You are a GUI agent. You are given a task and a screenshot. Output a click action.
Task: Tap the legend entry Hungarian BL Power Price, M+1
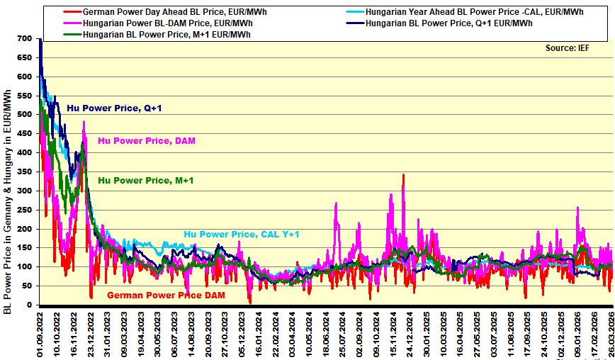167,34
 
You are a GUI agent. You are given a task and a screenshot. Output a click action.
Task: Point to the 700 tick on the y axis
24,38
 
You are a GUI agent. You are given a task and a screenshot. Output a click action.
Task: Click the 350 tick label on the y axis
24,171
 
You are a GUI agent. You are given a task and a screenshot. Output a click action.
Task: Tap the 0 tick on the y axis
29,305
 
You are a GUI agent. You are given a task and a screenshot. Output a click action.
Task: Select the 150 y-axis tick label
24,248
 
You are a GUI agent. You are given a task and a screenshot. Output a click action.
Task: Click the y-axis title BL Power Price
8,202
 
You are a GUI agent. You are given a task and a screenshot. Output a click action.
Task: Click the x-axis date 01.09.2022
40,334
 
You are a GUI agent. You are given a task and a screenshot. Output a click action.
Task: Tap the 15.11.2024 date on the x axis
393,334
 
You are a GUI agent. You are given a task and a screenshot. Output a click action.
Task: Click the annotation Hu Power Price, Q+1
115,108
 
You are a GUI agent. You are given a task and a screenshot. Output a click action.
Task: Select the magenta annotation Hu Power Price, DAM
147,141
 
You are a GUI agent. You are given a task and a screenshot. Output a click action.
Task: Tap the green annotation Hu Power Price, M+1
146,181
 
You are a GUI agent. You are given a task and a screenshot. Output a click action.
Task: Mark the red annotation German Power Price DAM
165,295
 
